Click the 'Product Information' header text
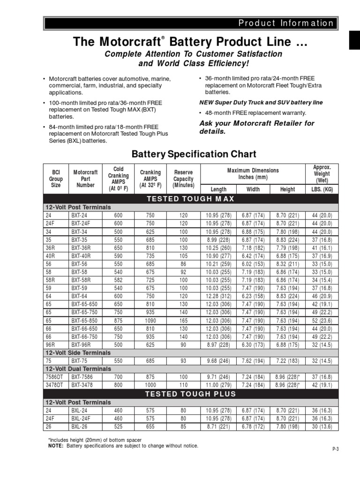285,23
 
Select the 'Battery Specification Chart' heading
194,154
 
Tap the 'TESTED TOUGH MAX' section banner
190,199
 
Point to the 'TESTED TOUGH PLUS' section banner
190,394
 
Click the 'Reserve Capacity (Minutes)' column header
184,179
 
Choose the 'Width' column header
253,189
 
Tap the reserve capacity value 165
184,321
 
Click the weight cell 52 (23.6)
322,321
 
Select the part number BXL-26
80,426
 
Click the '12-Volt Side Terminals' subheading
78,352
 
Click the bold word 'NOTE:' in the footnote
56,445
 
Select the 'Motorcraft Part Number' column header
85,179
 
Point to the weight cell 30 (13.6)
322,426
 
